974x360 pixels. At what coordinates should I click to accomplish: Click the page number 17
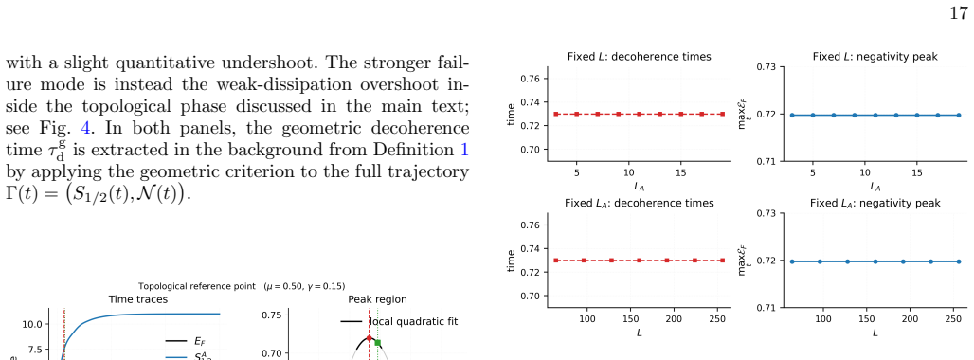pyautogui.click(x=959, y=13)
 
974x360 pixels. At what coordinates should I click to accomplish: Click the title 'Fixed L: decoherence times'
pyautogui.click(x=640, y=57)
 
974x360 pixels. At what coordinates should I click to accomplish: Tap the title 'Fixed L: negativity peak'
pyautogui.click(x=875, y=57)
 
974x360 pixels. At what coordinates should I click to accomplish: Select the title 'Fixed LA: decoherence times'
pyautogui.click(x=640, y=203)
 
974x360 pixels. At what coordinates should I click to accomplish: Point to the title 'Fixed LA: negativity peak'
pyautogui.click(x=875, y=203)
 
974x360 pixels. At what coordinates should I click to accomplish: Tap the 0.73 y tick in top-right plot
pyautogui.click(x=767, y=66)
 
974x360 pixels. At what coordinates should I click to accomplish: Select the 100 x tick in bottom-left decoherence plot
pyautogui.click(x=587, y=319)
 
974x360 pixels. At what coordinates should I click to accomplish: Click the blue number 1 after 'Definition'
pyautogui.click(x=464, y=151)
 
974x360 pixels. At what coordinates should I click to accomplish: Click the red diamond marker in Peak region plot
pyautogui.click(x=369, y=337)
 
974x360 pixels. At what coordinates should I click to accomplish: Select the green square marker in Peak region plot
pyautogui.click(x=378, y=343)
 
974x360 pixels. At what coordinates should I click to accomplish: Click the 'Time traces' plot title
pyautogui.click(x=138, y=299)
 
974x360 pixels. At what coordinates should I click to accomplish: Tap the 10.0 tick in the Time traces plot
pyautogui.click(x=31, y=324)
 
